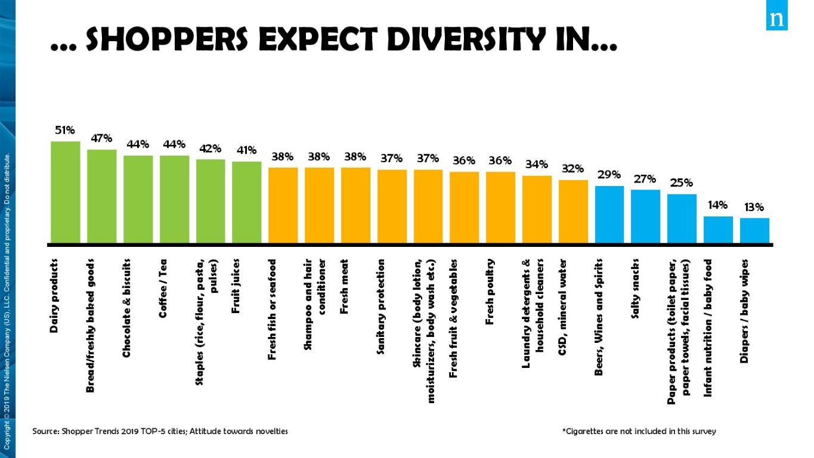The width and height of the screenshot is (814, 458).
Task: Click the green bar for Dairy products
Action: pyautogui.click(x=66, y=192)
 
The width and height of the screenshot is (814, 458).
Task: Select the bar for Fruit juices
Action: pyautogui.click(x=247, y=202)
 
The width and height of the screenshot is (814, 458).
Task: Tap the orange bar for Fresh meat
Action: pyautogui.click(x=355, y=205)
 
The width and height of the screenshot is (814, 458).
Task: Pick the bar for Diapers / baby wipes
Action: pyautogui.click(x=754, y=230)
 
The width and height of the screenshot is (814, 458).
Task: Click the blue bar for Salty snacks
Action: pyautogui.click(x=645, y=216)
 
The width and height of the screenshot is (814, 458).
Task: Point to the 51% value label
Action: pyautogui.click(x=65, y=130)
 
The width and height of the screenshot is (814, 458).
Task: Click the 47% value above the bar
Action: pyautogui.click(x=101, y=138)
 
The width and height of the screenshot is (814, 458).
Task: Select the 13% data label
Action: pyautogui.click(x=754, y=208)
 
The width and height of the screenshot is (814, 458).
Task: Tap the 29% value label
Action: pyautogui.click(x=609, y=175)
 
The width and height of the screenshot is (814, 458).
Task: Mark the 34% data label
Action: pyautogui.click(x=537, y=164)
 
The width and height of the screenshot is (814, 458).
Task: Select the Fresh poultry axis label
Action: pyautogui.click(x=490, y=292)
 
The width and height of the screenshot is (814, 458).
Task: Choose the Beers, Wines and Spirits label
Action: pyautogui.click(x=599, y=317)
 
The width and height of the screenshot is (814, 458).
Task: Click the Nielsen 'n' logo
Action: pyautogui.click(x=776, y=18)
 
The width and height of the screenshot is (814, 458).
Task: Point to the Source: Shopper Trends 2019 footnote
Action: pyautogui.click(x=160, y=431)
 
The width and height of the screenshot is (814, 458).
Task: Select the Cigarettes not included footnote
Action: pyautogui.click(x=639, y=431)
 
